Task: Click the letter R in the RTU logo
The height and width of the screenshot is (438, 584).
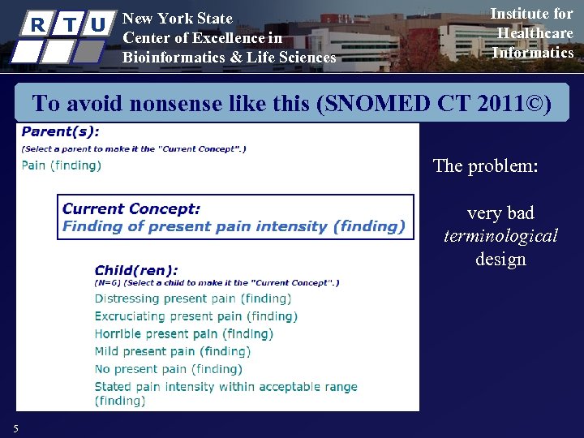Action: point(36,25)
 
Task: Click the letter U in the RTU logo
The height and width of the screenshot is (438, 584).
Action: point(98,25)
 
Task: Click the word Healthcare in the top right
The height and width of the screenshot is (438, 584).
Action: point(535,33)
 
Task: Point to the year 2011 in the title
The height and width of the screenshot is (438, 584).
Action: point(496,104)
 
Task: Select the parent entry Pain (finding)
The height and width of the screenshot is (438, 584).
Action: point(61,165)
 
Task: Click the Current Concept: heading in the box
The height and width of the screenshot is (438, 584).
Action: point(131,208)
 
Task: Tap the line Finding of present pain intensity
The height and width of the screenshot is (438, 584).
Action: point(234,226)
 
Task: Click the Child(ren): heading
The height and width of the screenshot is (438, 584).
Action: point(136,270)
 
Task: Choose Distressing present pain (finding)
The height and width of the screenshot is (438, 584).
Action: point(192,298)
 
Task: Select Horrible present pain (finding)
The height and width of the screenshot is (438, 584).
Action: point(183,334)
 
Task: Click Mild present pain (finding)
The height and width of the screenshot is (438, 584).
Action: point(172,351)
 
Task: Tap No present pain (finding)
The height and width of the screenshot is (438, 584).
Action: point(168,369)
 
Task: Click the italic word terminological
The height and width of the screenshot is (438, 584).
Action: point(500,236)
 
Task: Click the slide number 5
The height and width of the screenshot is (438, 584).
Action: point(15,428)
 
